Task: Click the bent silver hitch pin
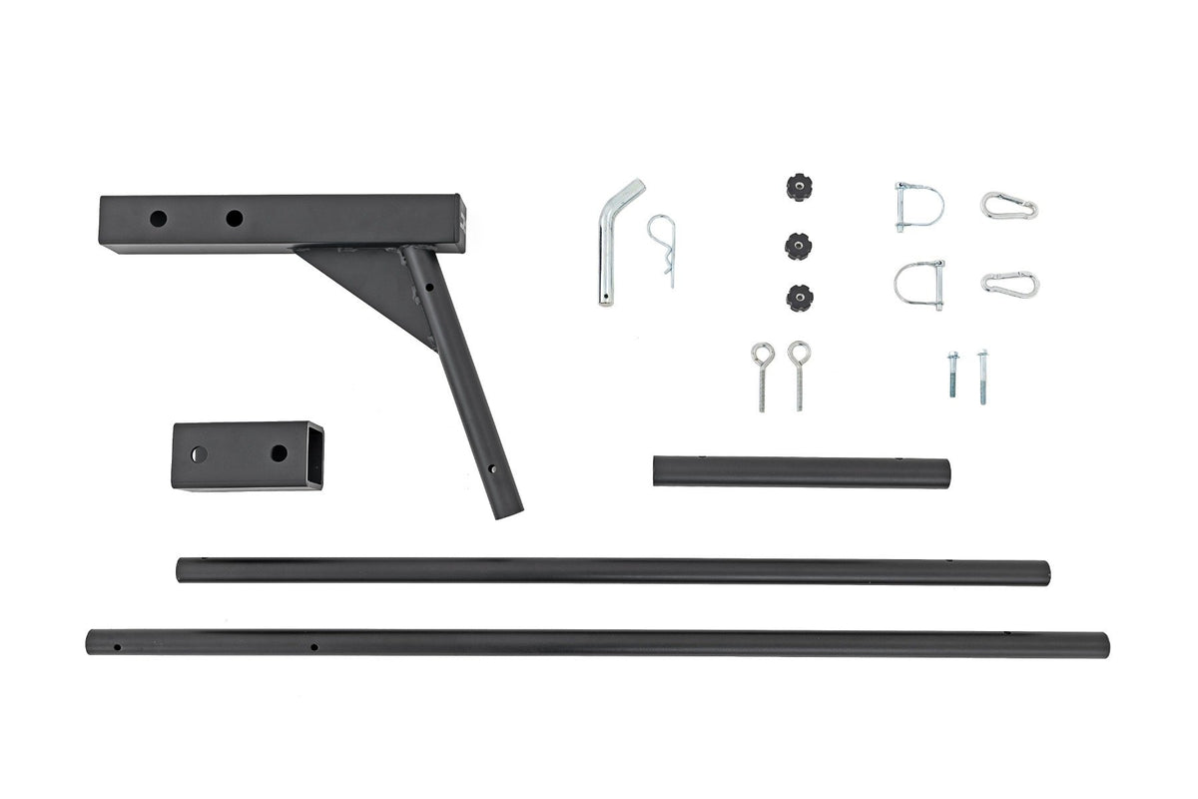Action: (x=606, y=250)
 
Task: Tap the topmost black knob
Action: (x=797, y=187)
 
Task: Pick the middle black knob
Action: (x=797, y=245)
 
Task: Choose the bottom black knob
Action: (x=799, y=298)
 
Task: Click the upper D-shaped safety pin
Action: (x=917, y=206)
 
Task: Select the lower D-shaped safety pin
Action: (x=919, y=284)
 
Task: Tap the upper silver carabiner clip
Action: (x=1009, y=206)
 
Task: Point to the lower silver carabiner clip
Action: (x=1010, y=284)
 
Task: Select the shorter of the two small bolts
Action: (x=953, y=374)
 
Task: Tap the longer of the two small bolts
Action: (x=982, y=377)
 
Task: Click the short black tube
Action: (x=801, y=471)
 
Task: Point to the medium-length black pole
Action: (x=613, y=571)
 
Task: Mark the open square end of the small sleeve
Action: (x=314, y=454)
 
